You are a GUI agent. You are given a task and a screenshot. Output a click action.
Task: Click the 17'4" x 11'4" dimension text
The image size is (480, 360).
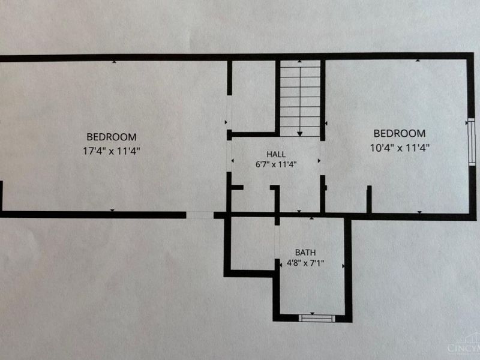coord(112,151)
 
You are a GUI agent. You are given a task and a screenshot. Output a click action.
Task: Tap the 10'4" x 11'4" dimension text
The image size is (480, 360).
coord(400,148)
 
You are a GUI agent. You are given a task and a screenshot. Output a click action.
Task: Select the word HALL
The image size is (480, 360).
coord(276,154)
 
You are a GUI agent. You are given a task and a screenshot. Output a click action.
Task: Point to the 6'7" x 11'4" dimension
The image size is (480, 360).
coord(276,164)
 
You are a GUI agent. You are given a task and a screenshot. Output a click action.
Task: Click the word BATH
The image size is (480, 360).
coord(305,253)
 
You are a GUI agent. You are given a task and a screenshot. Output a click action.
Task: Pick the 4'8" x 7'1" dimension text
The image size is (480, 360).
coord(305,263)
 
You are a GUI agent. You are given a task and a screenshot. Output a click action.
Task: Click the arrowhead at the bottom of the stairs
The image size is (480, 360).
coord(299,134)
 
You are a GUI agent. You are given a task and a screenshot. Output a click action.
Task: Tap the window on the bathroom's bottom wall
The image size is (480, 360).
coord(317,319)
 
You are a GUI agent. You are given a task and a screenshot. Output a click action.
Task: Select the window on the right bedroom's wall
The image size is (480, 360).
coord(472,142)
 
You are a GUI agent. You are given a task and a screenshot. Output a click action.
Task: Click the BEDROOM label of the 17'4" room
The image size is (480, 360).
coord(112,137)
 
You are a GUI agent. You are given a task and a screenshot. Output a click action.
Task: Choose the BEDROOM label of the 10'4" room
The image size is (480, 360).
coord(400,133)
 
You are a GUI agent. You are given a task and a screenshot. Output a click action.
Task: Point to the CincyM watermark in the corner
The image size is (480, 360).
coord(463,348)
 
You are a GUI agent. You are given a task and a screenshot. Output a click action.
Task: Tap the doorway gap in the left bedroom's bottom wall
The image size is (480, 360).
coord(200,215)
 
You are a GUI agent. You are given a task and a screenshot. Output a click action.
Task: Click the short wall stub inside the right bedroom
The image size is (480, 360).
coord(369,199)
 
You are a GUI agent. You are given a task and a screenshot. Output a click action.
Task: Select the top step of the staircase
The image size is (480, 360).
coord(300,64)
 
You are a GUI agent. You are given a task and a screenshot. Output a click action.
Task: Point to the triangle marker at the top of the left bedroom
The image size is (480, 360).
coord(114,62)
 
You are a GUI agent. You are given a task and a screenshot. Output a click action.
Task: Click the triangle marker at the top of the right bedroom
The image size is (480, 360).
coord(418,61)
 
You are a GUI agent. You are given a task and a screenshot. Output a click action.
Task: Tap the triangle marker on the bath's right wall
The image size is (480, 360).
coord(343,266)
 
